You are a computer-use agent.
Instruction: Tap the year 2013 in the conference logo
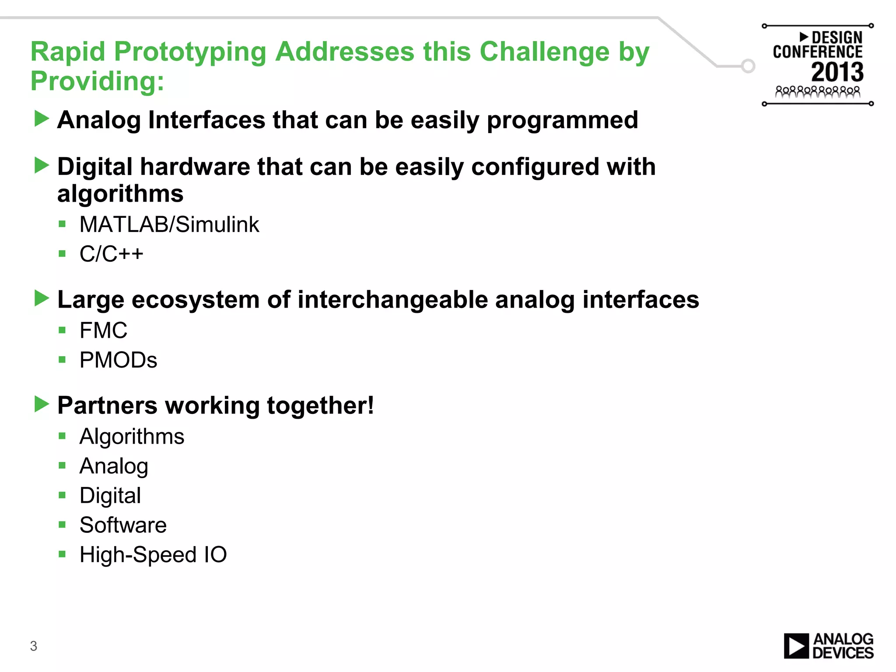point(837,72)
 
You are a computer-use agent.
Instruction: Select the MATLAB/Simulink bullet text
point(169,224)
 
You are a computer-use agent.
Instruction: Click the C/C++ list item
point(111,254)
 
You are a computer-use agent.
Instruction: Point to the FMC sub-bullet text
point(103,330)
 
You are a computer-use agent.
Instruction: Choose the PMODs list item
point(118,360)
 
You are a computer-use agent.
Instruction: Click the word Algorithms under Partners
point(132,436)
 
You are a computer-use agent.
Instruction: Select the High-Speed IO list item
point(153,554)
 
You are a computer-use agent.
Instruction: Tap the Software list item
point(123,525)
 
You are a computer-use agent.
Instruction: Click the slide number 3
point(34,646)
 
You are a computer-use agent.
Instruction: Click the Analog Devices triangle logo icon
point(796,646)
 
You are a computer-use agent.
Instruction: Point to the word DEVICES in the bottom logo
point(843,653)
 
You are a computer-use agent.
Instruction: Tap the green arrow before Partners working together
point(42,404)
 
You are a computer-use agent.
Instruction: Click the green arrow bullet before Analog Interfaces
point(42,119)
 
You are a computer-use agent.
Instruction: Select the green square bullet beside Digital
point(62,495)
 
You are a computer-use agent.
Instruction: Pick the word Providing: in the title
point(97,81)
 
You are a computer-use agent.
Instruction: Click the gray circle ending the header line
point(748,66)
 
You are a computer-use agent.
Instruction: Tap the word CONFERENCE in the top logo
point(817,52)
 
